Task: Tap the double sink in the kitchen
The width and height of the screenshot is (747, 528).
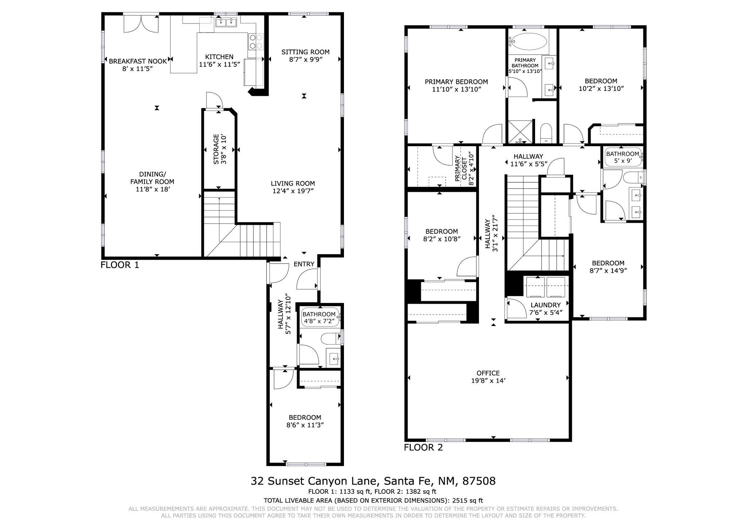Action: click(x=226, y=23)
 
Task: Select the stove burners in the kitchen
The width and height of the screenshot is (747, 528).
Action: click(x=256, y=41)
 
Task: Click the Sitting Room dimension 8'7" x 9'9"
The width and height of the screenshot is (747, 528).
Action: click(x=306, y=60)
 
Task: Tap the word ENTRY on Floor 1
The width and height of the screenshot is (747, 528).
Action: click(x=304, y=264)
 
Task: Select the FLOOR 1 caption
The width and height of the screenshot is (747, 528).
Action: click(x=120, y=265)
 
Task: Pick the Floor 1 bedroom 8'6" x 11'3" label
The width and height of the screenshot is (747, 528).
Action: click(x=305, y=421)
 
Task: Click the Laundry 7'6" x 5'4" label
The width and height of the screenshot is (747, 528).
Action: click(x=545, y=308)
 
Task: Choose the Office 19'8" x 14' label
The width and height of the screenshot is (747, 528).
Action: click(x=488, y=377)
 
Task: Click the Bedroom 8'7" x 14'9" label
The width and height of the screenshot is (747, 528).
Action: click(x=608, y=267)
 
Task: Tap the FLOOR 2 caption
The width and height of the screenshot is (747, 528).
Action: click(x=423, y=447)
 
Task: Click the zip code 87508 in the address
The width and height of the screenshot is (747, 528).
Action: click(x=479, y=481)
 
